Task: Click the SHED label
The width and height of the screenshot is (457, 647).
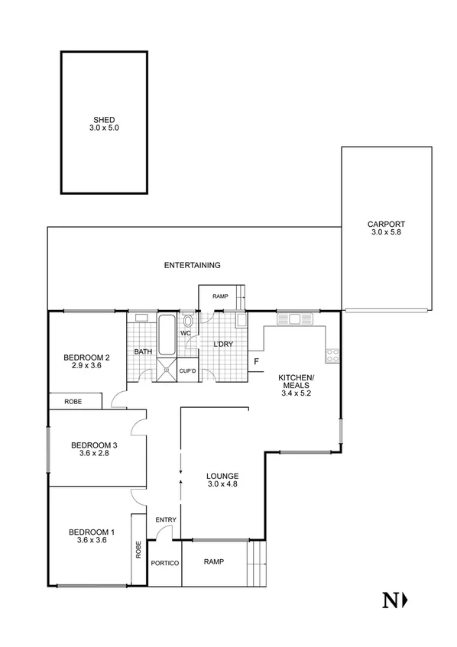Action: [105, 120]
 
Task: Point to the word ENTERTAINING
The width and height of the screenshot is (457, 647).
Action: [193, 266]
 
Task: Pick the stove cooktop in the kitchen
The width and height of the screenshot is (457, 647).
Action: [333, 354]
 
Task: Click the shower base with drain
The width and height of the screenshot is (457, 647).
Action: [167, 371]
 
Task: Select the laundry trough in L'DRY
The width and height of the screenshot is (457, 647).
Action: [241, 320]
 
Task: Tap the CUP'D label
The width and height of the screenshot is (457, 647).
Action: [188, 371]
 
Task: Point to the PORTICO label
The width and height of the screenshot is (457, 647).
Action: [164, 563]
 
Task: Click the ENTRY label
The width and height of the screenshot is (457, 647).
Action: [166, 520]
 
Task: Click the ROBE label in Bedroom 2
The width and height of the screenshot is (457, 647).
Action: [73, 401]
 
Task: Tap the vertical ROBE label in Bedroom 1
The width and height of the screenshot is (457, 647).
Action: [138, 550]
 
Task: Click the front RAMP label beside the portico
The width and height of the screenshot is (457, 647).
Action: [214, 561]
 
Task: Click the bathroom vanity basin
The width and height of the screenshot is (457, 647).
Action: [141, 317]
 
